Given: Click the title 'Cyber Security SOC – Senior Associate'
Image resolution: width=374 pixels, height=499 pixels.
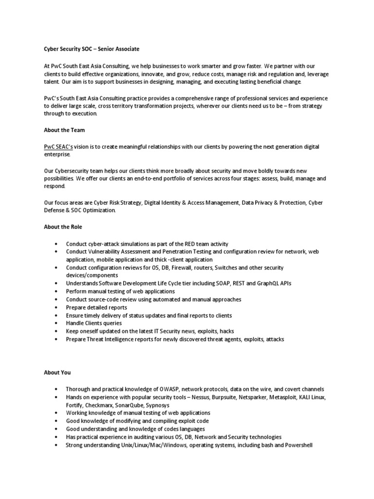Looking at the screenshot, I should point(91,49).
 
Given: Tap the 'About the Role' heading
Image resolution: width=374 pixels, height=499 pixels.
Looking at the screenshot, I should point(63,227).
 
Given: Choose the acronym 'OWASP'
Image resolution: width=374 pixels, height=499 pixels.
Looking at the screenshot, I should point(173,389).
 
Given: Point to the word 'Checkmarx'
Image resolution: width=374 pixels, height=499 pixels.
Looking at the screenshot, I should point(100,405).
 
